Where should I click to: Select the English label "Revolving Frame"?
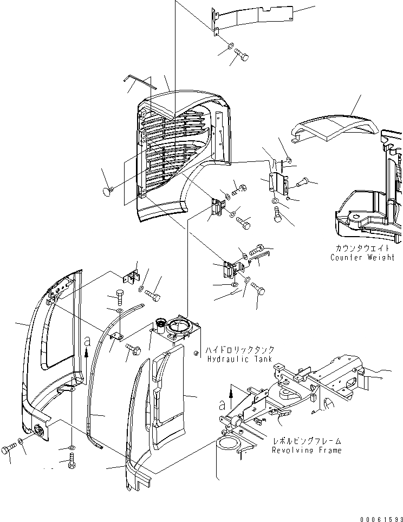coord(307,451)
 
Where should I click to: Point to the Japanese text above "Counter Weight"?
coord(362,248)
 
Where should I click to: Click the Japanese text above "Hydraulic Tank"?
coord(240,349)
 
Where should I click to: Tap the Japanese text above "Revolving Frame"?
coord(307,441)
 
